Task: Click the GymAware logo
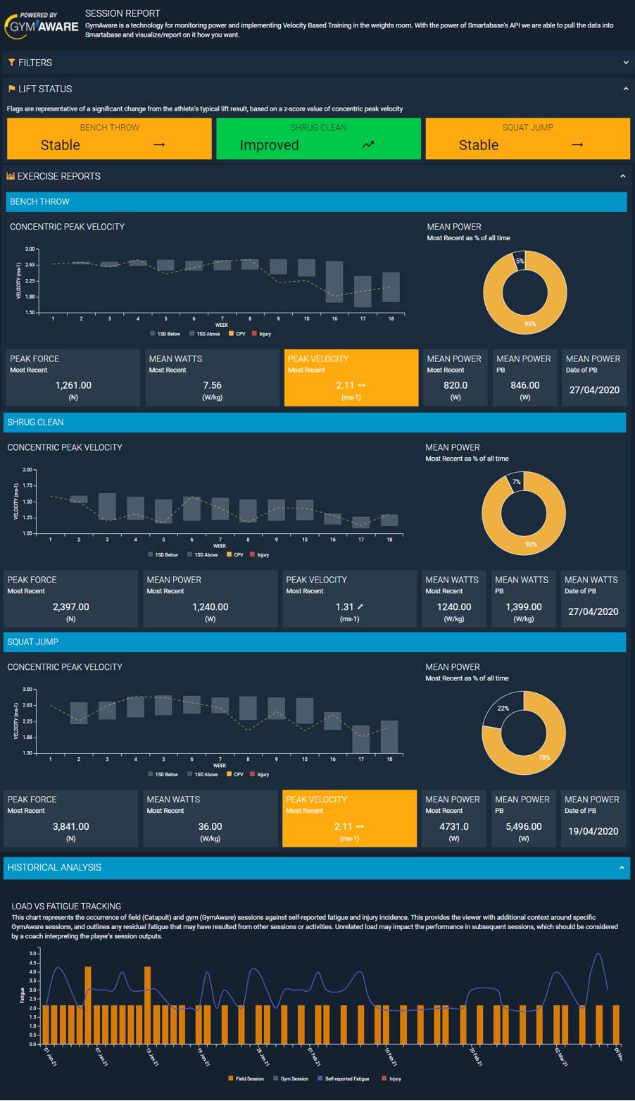click(41, 25)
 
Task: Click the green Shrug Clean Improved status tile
click(318, 139)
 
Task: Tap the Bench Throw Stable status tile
click(109, 139)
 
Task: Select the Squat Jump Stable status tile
click(527, 139)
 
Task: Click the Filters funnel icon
click(12, 63)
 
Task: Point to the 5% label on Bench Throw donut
click(520, 261)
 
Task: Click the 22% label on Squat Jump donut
click(503, 708)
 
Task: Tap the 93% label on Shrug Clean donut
click(531, 544)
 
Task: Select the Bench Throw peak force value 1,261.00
click(73, 385)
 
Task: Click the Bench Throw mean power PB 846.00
click(524, 385)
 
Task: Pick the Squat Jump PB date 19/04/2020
click(593, 831)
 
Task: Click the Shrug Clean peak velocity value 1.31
click(345, 607)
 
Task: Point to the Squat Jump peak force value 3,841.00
click(71, 826)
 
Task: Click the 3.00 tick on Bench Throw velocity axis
click(30, 249)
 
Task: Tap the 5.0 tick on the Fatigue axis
click(33, 953)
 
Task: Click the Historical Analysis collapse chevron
click(622, 868)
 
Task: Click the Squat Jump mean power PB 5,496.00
click(524, 826)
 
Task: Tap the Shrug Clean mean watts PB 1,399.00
click(523, 607)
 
